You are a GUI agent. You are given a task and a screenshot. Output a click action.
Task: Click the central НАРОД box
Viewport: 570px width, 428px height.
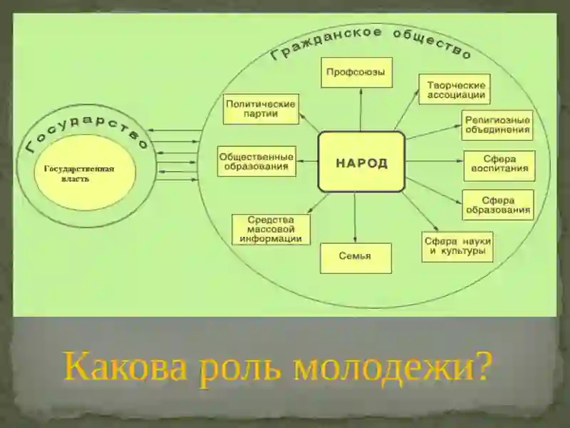click(361, 162)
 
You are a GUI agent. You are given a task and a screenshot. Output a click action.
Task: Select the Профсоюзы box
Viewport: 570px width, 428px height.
click(356, 72)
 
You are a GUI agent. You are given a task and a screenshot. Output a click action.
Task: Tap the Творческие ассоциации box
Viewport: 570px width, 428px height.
click(455, 89)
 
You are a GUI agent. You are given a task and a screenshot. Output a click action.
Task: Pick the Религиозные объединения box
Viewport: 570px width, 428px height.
click(497, 126)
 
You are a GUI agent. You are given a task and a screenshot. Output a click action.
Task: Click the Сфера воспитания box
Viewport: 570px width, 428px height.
click(499, 165)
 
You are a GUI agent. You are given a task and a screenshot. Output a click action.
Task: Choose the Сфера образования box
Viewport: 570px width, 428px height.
click(498, 205)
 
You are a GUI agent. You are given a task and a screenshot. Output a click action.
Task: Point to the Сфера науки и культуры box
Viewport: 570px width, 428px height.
click(457, 247)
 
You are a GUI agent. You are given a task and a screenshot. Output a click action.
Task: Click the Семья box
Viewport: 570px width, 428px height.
click(356, 258)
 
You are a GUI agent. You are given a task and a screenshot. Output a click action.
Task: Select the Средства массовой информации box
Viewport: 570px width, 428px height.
click(271, 229)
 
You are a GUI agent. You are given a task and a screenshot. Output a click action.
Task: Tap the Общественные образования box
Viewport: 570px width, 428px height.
click(256, 161)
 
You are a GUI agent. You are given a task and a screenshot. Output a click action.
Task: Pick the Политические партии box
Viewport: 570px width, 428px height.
click(261, 109)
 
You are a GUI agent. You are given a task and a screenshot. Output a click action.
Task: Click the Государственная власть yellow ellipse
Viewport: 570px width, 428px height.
click(85, 172)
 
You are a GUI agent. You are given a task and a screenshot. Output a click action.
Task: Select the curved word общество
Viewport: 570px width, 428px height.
click(432, 43)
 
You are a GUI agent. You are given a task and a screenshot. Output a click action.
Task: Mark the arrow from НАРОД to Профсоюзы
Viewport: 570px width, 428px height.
click(361, 110)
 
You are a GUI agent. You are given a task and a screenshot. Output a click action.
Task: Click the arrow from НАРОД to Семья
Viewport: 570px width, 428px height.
click(355, 218)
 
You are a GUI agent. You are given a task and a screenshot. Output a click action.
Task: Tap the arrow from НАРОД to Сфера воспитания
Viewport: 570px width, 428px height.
click(435, 161)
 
